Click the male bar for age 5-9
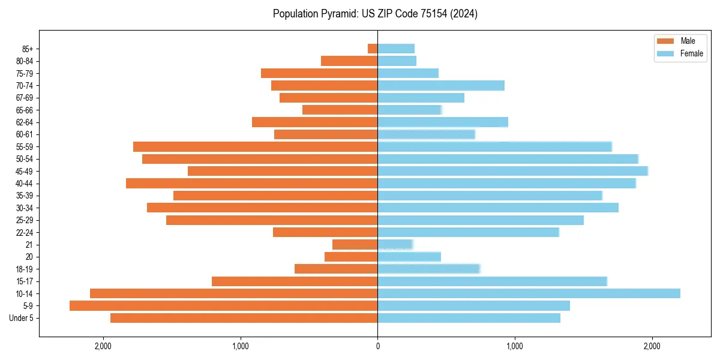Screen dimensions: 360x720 pos(223,306)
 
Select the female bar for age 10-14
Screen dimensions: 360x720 pos(529,293)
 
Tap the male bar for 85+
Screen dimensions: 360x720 pos(373,49)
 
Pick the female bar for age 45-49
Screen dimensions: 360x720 pos(512,171)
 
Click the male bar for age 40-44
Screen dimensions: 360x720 pos(251,184)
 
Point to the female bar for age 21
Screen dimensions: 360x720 pos(395,245)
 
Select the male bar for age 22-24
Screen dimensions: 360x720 pos(325,232)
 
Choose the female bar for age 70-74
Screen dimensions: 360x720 pos(441,86)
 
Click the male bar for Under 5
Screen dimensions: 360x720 pos(244,318)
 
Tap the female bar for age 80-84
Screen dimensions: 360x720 pos(397,61)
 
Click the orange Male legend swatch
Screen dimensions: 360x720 pos(665,41)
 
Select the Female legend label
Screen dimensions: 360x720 pos(691,53)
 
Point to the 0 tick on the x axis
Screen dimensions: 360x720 pos(377,346)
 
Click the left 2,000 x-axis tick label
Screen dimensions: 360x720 pos(103,346)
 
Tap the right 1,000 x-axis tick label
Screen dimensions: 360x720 pos(514,346)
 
